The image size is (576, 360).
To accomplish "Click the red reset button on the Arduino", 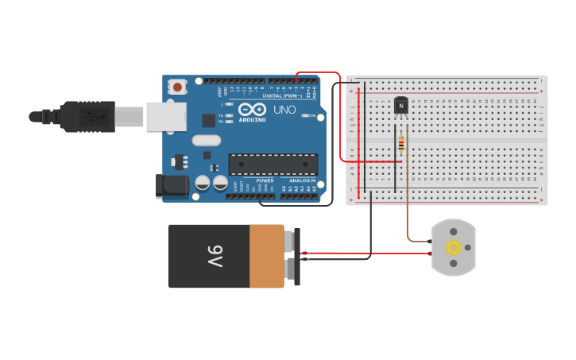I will (x=177, y=86).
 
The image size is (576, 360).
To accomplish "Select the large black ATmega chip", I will (x=273, y=164).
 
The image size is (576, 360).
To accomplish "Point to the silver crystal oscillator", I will (x=206, y=141).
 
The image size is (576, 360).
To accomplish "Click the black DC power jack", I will (x=172, y=186).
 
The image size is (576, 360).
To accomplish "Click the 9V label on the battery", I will (x=215, y=256).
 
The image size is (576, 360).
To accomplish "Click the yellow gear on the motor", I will (x=454, y=247).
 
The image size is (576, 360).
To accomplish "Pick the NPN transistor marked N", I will (x=401, y=106).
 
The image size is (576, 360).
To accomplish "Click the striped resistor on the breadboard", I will (x=401, y=144).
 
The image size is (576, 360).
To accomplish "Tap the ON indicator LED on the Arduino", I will (x=308, y=116).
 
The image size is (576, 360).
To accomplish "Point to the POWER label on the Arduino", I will (x=265, y=180).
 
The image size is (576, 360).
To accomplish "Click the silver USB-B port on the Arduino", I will (x=165, y=116).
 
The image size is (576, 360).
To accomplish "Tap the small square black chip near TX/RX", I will (x=209, y=120).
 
